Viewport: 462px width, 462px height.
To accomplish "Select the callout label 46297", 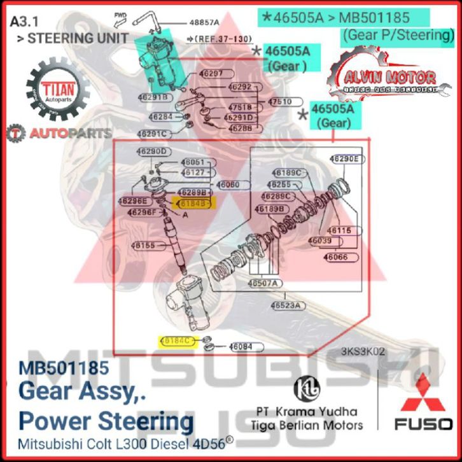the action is pos(211,73).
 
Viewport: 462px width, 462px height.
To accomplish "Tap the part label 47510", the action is pos(279,102).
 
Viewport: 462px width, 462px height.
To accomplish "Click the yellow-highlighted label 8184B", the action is pos(194,204).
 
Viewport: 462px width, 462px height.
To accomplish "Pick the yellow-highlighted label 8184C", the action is pos(178,341).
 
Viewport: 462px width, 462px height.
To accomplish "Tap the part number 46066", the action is pos(335,257).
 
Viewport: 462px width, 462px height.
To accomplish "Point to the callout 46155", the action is pos(143,245).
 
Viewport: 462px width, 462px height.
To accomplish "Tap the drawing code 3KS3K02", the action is pos(363,352).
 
